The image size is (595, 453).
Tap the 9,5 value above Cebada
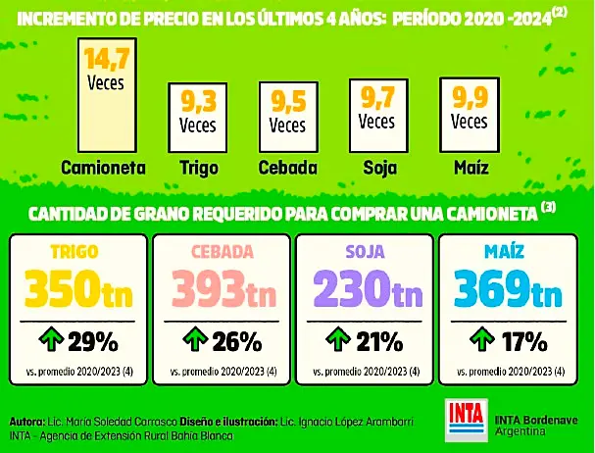pyautogui.click(x=287, y=101)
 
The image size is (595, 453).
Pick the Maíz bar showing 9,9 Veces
pyautogui.click(x=468, y=111)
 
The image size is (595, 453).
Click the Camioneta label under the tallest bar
pyautogui.click(x=103, y=167)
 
